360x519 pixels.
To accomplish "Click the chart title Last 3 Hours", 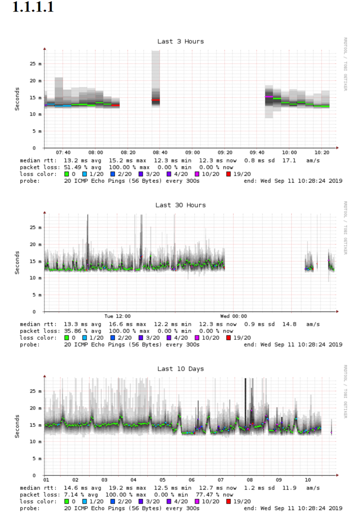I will click(180, 42).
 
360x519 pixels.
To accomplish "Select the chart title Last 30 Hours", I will click(180, 205).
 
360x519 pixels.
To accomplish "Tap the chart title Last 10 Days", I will click(180, 369).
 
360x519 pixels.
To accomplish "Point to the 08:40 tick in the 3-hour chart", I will click(160, 152).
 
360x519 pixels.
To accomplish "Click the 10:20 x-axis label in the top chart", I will click(322, 152).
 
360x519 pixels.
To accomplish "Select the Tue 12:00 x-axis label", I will click(117, 316).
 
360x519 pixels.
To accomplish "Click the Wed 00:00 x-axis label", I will click(233, 316).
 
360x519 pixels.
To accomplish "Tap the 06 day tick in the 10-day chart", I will click(192, 480).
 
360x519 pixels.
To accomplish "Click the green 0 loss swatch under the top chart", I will click(67, 174).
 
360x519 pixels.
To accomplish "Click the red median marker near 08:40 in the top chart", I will click(156, 100).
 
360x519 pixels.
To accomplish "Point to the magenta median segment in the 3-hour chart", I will click(269, 96).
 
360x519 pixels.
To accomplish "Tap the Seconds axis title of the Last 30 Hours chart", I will click(18, 262).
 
